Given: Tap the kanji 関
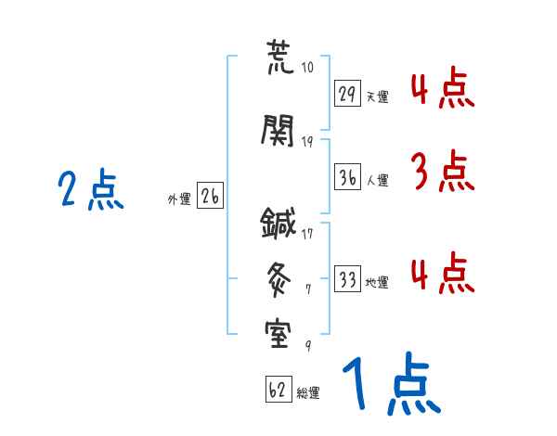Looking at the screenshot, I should pos(278,132).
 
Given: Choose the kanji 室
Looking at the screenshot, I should pos(278,332).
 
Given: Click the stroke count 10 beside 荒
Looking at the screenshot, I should pos(308,68).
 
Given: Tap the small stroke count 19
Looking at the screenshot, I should pos(308,141).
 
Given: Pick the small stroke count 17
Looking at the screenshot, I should pos(307,233).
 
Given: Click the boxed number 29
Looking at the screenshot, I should pos(348,93).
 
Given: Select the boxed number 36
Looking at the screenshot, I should pos(348,179).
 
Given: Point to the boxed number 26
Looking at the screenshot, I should pos(211,196).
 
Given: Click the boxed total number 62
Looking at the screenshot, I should pos(278,391).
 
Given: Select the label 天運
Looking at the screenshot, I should pos(377,96).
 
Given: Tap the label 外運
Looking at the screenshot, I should pos(178,199).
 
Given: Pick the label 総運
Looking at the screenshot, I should pos(308,393).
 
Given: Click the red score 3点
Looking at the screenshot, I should pos(440,172).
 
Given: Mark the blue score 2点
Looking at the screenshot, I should pos(90,192).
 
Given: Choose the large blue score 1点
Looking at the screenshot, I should pos(389,386).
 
